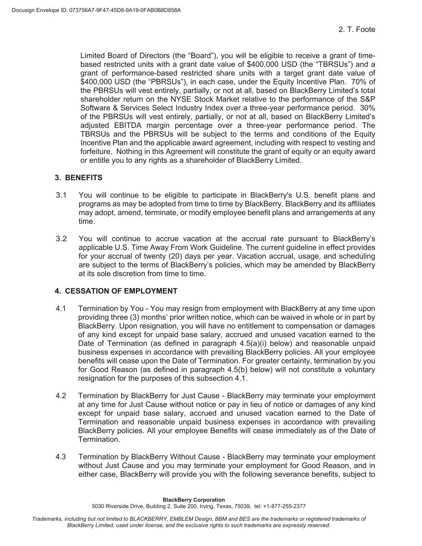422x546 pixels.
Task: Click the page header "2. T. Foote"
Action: click(356, 30)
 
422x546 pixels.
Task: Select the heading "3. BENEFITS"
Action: click(78, 178)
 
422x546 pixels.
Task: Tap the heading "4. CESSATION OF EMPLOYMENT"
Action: click(116, 291)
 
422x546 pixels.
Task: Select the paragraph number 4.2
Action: click(61, 396)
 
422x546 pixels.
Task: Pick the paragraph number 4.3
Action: click(61, 457)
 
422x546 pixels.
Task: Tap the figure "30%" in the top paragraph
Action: click(368, 108)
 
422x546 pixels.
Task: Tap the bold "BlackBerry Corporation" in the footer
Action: click(194, 500)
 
